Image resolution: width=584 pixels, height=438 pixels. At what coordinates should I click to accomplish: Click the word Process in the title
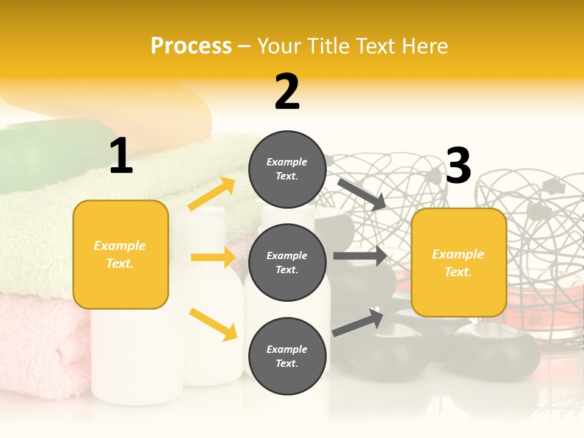[191, 46]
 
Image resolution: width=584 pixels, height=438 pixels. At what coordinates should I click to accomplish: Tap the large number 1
[121, 156]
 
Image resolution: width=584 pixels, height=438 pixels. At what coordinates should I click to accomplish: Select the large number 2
[287, 92]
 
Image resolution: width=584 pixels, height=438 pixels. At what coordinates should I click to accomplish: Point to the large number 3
[458, 166]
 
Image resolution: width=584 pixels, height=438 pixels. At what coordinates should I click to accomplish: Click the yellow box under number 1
[120, 254]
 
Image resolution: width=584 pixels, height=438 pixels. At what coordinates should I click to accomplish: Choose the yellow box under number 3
[459, 262]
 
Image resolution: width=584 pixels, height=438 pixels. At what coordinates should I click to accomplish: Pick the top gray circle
[287, 169]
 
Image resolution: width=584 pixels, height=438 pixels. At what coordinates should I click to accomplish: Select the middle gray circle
[287, 262]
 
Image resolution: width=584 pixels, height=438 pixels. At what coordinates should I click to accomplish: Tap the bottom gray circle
[287, 356]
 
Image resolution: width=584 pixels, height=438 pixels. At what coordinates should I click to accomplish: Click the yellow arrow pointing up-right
[212, 194]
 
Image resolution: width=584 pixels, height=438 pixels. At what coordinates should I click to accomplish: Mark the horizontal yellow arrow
[213, 257]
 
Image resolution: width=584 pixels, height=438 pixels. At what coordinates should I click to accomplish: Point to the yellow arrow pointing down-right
[213, 324]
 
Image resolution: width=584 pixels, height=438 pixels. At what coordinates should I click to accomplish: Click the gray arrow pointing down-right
[361, 194]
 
